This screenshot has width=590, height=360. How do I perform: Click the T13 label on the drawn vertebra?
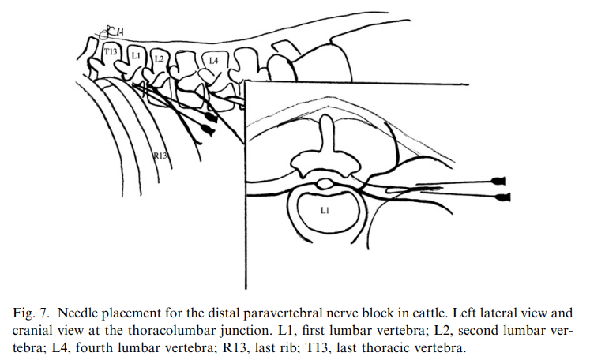coord(111,52)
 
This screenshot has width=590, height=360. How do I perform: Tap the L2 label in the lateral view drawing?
coord(159,59)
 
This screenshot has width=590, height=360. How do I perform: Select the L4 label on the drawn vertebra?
coord(213,60)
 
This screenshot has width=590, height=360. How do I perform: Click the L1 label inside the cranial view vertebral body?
coord(324,211)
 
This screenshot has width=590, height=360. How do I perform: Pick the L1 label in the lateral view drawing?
coord(136,56)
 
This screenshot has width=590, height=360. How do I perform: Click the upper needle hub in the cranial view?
coord(500,179)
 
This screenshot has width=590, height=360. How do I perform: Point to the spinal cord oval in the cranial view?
coord(325,185)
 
